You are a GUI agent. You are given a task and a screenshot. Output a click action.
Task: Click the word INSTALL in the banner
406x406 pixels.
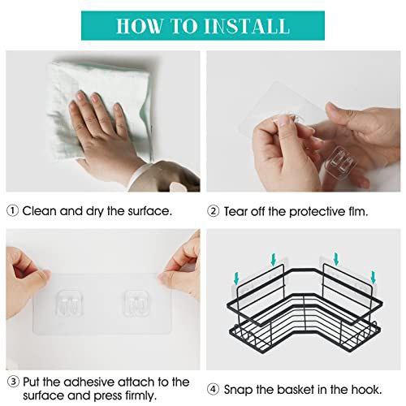[247, 26]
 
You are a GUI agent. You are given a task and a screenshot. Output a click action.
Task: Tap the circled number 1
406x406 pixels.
[12, 211]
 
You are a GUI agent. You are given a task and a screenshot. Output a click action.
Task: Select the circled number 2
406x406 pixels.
[214, 211]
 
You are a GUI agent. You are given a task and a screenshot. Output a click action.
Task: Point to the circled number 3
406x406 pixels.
[13, 382]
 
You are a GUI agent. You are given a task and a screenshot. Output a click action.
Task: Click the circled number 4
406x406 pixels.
[214, 390]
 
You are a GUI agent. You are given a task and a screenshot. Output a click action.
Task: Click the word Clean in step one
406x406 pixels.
[40, 211]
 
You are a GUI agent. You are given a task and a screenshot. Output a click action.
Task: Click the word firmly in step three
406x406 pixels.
[141, 396]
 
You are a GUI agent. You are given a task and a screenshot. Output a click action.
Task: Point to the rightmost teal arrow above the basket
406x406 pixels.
[374, 278]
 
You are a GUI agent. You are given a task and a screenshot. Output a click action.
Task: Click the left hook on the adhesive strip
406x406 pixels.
[69, 304]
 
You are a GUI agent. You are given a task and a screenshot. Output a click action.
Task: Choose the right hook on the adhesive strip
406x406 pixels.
[136, 303]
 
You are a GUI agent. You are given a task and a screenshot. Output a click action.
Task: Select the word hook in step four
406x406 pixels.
[366, 390]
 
